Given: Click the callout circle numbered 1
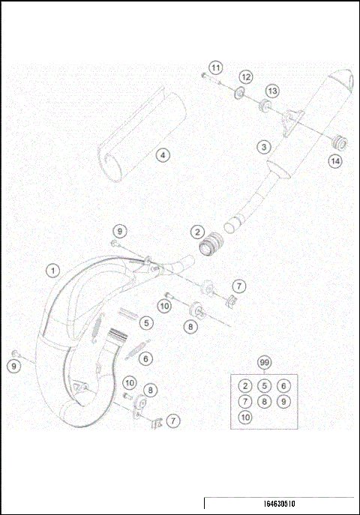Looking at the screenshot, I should pos(52,268).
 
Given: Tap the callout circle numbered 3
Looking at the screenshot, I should pos(263,147).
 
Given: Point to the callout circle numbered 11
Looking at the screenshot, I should pos(215,68).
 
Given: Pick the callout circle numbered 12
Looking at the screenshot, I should pos(245,77).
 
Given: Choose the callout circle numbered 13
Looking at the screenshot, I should pos(271,90).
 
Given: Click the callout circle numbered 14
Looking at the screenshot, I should pos(334,160).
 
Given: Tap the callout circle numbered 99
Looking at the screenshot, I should pos(263,363).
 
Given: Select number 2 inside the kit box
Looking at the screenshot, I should pos(244,385).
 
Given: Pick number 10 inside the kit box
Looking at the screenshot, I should pos(244,417).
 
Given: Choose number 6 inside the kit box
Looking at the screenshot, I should pos(283,385).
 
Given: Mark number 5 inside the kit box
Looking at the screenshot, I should pos(263,385).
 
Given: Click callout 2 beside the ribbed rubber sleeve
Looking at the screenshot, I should pos(196,232).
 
